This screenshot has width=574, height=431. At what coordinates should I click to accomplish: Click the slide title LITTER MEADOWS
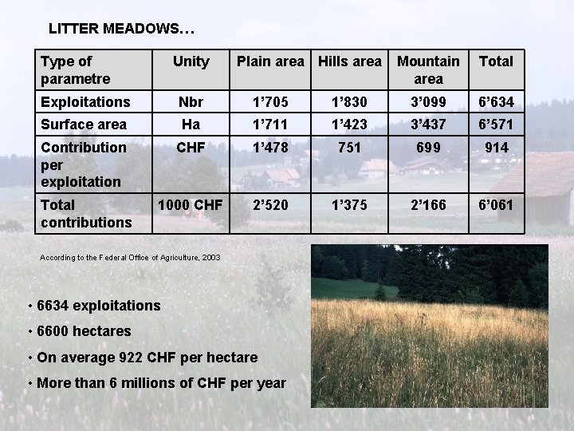coord(121,30)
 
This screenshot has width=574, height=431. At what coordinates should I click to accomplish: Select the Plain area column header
coord(270,61)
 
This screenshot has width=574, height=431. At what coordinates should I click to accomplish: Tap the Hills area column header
coord(349,61)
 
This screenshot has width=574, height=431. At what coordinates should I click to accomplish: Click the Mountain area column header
coord(428,69)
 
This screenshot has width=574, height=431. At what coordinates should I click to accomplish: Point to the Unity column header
coord(191,61)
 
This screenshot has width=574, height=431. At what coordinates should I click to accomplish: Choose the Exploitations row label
coord(85,102)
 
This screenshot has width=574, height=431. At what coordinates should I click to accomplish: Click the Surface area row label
coord(84,125)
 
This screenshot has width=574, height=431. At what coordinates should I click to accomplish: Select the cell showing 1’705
coord(270,102)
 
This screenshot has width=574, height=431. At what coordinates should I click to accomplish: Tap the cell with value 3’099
coord(428,102)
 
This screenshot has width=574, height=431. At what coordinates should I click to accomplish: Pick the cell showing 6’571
coord(495,125)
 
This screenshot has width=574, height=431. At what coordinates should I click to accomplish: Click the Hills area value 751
coord(349,148)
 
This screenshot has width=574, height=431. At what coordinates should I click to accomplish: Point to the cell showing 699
coord(428,148)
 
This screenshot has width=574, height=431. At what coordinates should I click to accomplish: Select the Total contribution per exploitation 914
coord(495,148)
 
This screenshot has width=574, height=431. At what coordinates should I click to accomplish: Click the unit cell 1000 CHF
coord(191,205)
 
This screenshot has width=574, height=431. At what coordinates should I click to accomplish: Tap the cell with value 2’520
coord(270,205)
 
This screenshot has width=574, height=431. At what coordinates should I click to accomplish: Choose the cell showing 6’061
coord(495,205)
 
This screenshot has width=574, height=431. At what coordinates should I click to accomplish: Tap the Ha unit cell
coord(191,125)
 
